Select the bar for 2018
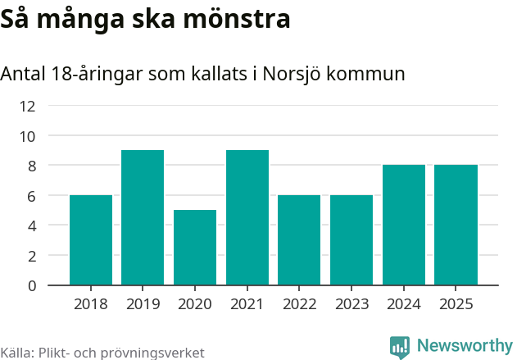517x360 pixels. pos(91,239)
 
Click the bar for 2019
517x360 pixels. pos(143,217)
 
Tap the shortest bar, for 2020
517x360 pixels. pos(195,247)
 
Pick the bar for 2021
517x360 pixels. pos(247,217)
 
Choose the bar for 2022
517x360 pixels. pos(299,239)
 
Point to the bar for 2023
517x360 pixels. pos(351,239)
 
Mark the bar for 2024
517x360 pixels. pos(404,225)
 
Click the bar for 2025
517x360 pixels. pos(456,225)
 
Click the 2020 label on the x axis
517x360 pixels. pos(195,305)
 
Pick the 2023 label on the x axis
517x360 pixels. pos(351,305)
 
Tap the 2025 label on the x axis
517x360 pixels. pos(456,305)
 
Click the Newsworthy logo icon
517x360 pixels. pos(400,347)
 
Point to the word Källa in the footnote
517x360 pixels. pos(16,353)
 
